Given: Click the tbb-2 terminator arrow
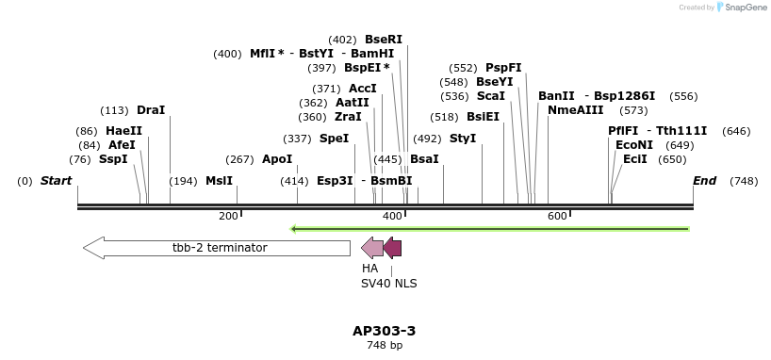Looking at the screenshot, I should click(217, 248).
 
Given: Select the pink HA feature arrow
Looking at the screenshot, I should click(371, 248).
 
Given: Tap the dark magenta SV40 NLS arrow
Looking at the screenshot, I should click(392, 248).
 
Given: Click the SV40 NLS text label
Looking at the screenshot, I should click(388, 283).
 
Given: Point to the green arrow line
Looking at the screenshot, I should click(490, 228).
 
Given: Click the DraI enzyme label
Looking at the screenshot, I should click(151, 110).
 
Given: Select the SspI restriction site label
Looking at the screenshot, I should click(113, 159).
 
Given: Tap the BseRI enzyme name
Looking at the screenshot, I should click(383, 40).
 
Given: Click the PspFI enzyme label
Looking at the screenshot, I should click(503, 68).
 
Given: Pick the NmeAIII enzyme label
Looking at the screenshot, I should click(575, 110).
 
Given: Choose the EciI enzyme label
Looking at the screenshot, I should click(634, 159).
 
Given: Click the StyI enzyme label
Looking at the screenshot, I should click(463, 139).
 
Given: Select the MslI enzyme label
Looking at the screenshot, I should click(219, 181).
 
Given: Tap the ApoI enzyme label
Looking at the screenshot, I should click(277, 159).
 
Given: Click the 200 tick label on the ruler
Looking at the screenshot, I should click(228, 216).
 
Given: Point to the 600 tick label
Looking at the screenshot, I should click(557, 216).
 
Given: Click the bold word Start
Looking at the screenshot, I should click(56, 181).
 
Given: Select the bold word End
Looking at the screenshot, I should click(704, 181).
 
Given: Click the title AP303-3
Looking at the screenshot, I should click(384, 331).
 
